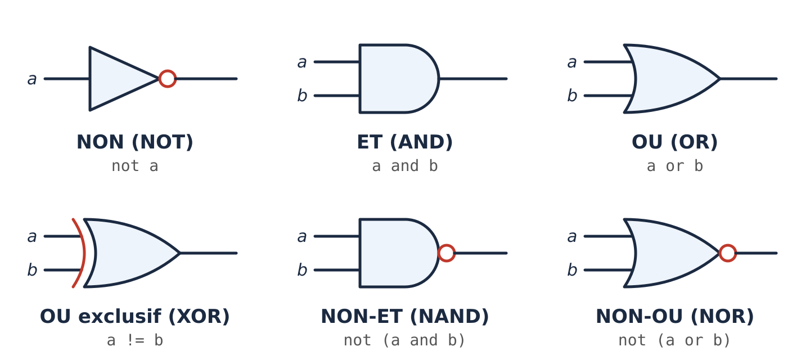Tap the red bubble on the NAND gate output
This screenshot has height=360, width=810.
447,253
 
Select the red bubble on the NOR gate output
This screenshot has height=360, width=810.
727,253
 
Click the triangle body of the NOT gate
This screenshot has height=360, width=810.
116,79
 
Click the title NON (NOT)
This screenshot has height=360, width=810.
135,142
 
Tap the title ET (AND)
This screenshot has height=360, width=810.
404,142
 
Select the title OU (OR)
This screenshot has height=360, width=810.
675,142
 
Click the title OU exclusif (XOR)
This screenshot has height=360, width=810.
135,316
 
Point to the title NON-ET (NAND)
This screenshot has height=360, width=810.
404,316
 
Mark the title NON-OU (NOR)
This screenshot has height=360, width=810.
675,316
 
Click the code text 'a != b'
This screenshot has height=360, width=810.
135,340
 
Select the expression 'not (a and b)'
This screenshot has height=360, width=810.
404,340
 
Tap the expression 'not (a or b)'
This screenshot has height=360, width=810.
675,340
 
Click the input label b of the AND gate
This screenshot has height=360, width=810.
302,96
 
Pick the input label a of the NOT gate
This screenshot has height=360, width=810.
32,79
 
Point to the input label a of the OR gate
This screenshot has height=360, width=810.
571,62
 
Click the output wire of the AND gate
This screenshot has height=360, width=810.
473,79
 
